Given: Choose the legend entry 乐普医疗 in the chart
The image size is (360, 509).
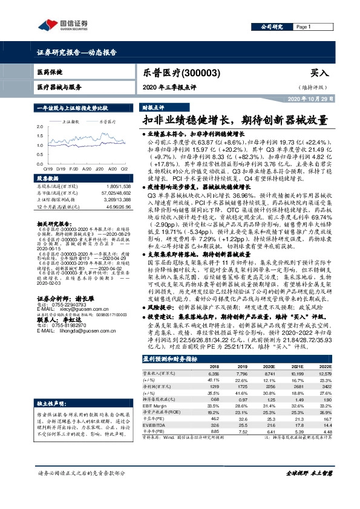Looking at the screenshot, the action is tap(108, 122).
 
